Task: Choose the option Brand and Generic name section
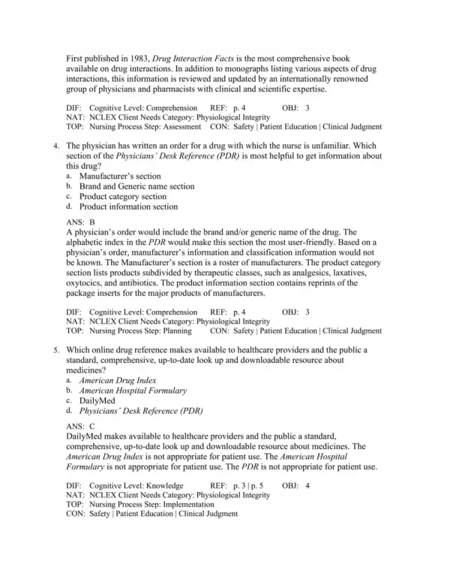coord(136,186)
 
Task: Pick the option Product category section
coord(122,196)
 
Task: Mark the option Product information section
coord(128,206)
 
